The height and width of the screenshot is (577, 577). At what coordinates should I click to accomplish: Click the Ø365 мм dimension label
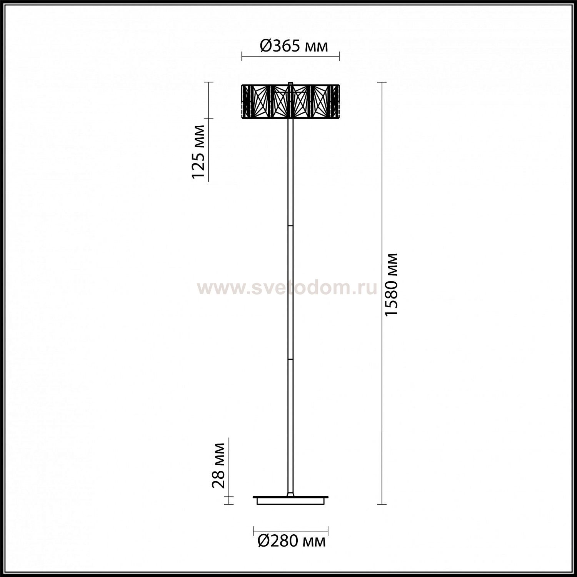(x=294, y=46)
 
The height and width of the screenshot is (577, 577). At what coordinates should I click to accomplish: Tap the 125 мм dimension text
(x=198, y=152)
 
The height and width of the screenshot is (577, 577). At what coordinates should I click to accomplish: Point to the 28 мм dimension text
(x=219, y=465)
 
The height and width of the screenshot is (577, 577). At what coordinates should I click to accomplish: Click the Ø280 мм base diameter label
(x=292, y=541)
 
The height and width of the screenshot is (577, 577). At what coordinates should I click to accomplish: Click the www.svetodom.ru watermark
(x=287, y=288)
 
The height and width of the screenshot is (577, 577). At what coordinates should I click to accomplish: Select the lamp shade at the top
(x=290, y=101)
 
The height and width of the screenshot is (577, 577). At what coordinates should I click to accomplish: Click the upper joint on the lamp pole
(x=291, y=225)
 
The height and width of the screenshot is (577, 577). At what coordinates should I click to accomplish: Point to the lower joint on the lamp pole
(x=291, y=358)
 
